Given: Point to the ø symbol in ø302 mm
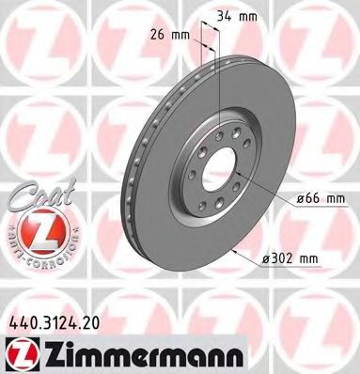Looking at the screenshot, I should point(268,256).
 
